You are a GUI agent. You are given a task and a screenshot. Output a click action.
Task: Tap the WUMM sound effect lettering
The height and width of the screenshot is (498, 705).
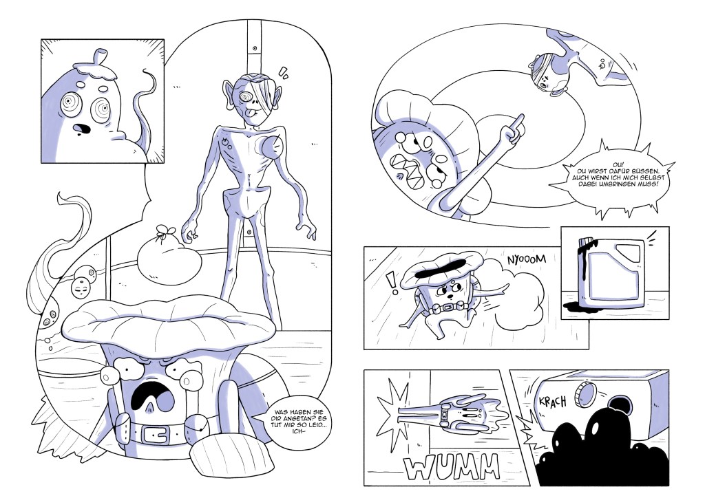click(x=452, y=466)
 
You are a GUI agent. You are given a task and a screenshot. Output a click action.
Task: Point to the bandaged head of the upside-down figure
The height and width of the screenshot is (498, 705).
click(x=543, y=74)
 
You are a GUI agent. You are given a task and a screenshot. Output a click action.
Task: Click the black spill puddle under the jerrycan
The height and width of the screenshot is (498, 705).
click(x=578, y=307)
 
